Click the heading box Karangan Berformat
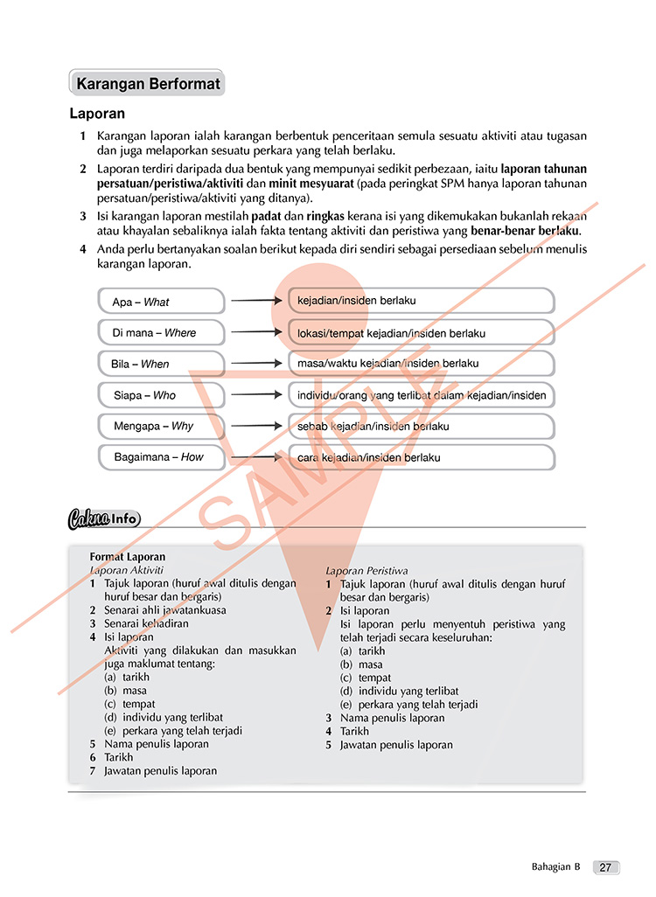click(x=147, y=84)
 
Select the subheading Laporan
click(x=97, y=114)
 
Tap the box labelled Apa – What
click(x=161, y=302)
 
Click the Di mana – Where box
click(x=161, y=332)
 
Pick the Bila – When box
click(x=161, y=364)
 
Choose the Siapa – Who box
click(x=161, y=395)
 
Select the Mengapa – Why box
click(x=161, y=426)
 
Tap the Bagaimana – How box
click(x=161, y=456)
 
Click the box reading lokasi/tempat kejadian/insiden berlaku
click(x=421, y=332)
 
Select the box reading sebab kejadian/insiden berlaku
click(x=421, y=426)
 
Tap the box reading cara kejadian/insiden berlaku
click(x=421, y=456)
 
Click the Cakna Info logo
click(x=103, y=518)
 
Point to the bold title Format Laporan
click(x=128, y=556)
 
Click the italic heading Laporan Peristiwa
click(x=366, y=570)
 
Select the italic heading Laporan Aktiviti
click(x=127, y=569)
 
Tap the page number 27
click(x=605, y=867)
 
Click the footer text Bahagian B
click(x=555, y=867)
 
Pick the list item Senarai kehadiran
click(x=146, y=623)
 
